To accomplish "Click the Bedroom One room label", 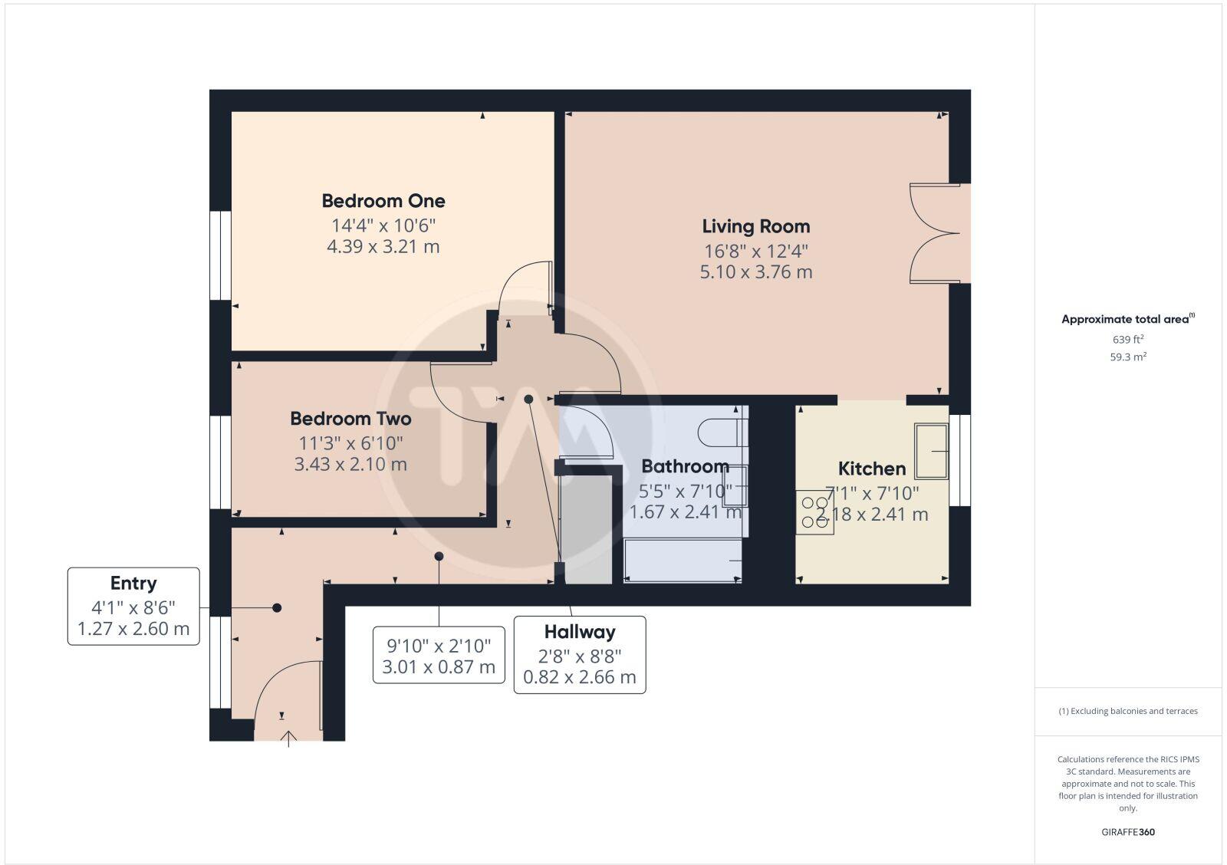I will [x=383, y=201].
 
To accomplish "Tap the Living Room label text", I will [x=755, y=226].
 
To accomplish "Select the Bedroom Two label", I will [x=350, y=419].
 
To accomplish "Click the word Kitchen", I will [x=871, y=469].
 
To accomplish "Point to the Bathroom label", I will [x=684, y=466].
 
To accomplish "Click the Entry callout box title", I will [x=133, y=584].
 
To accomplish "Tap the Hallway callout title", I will [x=580, y=632].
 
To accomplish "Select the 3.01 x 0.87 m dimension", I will [x=439, y=667].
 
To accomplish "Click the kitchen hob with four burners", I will [x=814, y=512].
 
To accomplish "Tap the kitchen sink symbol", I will [x=931, y=451].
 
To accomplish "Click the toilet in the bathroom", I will [x=721, y=432].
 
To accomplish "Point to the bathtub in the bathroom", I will [x=683, y=561].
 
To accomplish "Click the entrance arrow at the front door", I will [x=288, y=738].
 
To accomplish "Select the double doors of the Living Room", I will [x=934, y=233].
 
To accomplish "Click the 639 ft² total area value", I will [x=1128, y=339].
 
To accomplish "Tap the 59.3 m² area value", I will [x=1128, y=357].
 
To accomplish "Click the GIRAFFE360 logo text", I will [x=1128, y=832].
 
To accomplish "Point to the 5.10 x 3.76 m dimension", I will [x=755, y=272].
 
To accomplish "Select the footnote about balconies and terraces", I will [x=1128, y=711].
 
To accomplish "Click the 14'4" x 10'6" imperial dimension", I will [x=383, y=225].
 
